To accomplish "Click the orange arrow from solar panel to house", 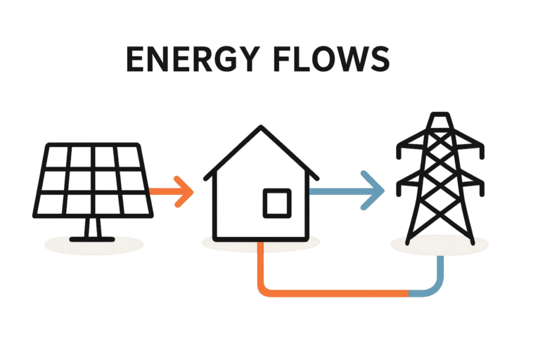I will (172, 189).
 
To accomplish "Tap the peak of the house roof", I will (261, 127).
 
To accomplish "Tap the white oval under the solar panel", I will (91, 244).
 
